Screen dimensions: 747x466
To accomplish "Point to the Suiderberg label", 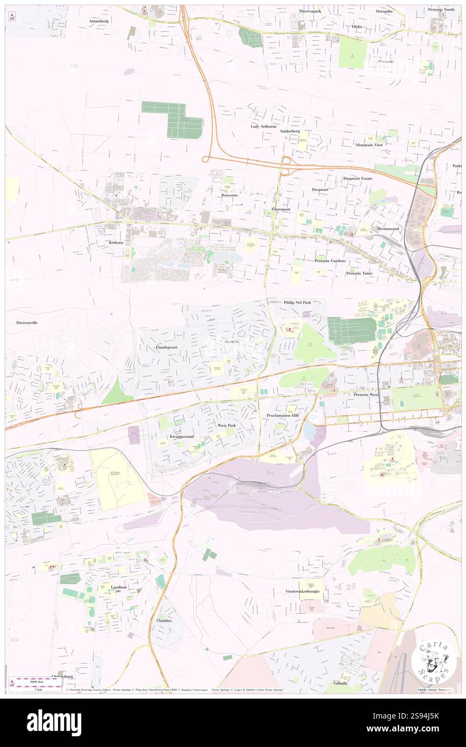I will point(293,131).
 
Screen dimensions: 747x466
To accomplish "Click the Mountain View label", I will point(369,145).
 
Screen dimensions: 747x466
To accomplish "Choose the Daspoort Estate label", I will point(358,178).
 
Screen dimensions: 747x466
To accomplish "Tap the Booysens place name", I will point(229,196).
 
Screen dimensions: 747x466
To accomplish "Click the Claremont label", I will point(281,209).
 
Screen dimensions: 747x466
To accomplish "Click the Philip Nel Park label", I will point(298,303).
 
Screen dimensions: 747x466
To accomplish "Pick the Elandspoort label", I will point(166,347).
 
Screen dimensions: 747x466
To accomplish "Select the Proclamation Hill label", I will point(282,416).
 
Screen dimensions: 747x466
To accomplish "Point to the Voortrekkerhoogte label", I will point(303,591).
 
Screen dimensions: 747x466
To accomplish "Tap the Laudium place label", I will point(119,587).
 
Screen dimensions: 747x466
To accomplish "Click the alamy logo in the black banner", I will point(54,722).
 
